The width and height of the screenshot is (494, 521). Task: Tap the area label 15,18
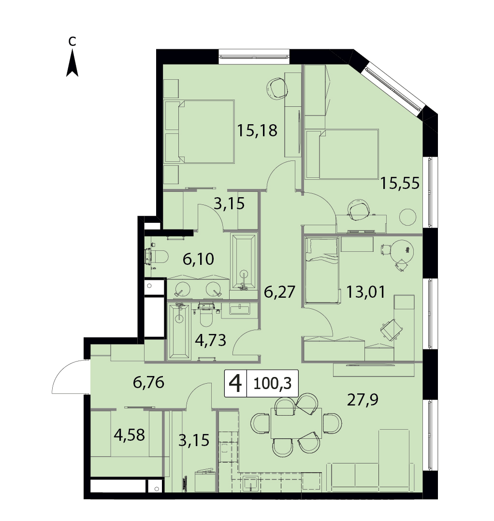[257, 130]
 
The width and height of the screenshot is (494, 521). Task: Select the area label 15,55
[400, 183]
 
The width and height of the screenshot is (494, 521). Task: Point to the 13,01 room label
[366, 292]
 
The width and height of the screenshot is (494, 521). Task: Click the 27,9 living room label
[363, 400]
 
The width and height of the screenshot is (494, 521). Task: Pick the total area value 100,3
[272, 383]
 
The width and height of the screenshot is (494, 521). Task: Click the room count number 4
[235, 383]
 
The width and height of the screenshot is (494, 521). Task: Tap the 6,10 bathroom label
[198, 259]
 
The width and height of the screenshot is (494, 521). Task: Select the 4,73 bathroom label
[211, 340]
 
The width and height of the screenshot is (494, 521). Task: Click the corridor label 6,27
[279, 292]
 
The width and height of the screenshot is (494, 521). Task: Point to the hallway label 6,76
[148, 382]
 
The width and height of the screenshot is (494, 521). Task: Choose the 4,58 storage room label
[129, 435]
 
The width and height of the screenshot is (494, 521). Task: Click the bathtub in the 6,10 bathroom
[244, 261]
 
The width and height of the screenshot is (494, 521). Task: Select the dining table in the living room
[296, 423]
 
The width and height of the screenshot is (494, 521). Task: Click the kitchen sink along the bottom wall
[251, 482]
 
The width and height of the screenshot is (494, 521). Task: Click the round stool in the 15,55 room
[407, 217]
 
